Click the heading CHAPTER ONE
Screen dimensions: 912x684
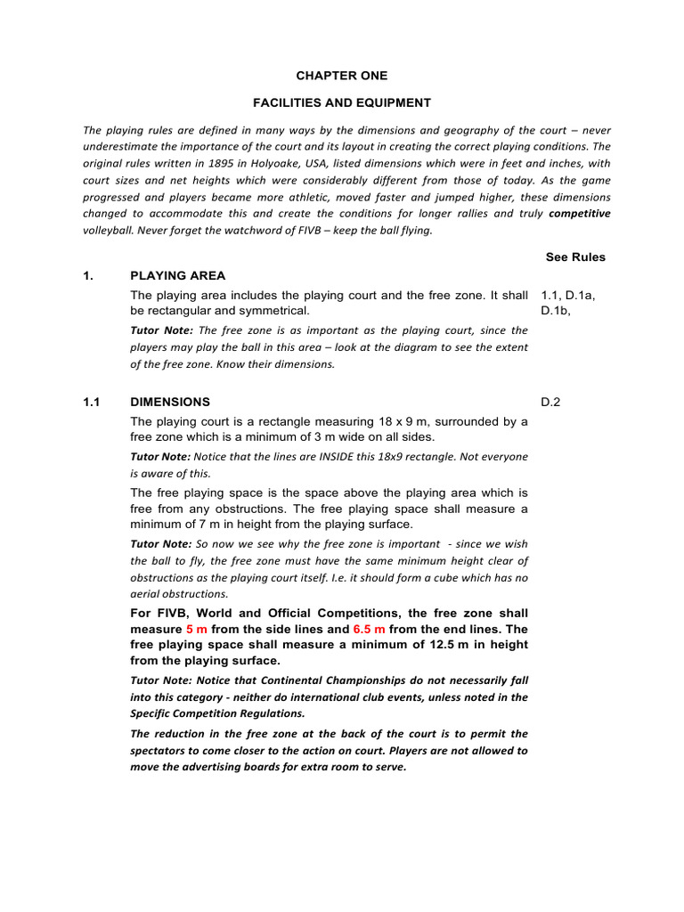point(342,76)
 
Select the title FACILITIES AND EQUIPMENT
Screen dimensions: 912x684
point(342,102)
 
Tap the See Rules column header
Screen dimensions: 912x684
point(574,257)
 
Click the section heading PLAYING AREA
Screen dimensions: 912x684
point(177,276)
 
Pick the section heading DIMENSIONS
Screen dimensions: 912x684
point(170,402)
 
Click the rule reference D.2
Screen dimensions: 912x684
point(550,402)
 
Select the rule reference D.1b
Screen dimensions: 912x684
point(558,311)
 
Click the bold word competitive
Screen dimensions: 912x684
point(580,214)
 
